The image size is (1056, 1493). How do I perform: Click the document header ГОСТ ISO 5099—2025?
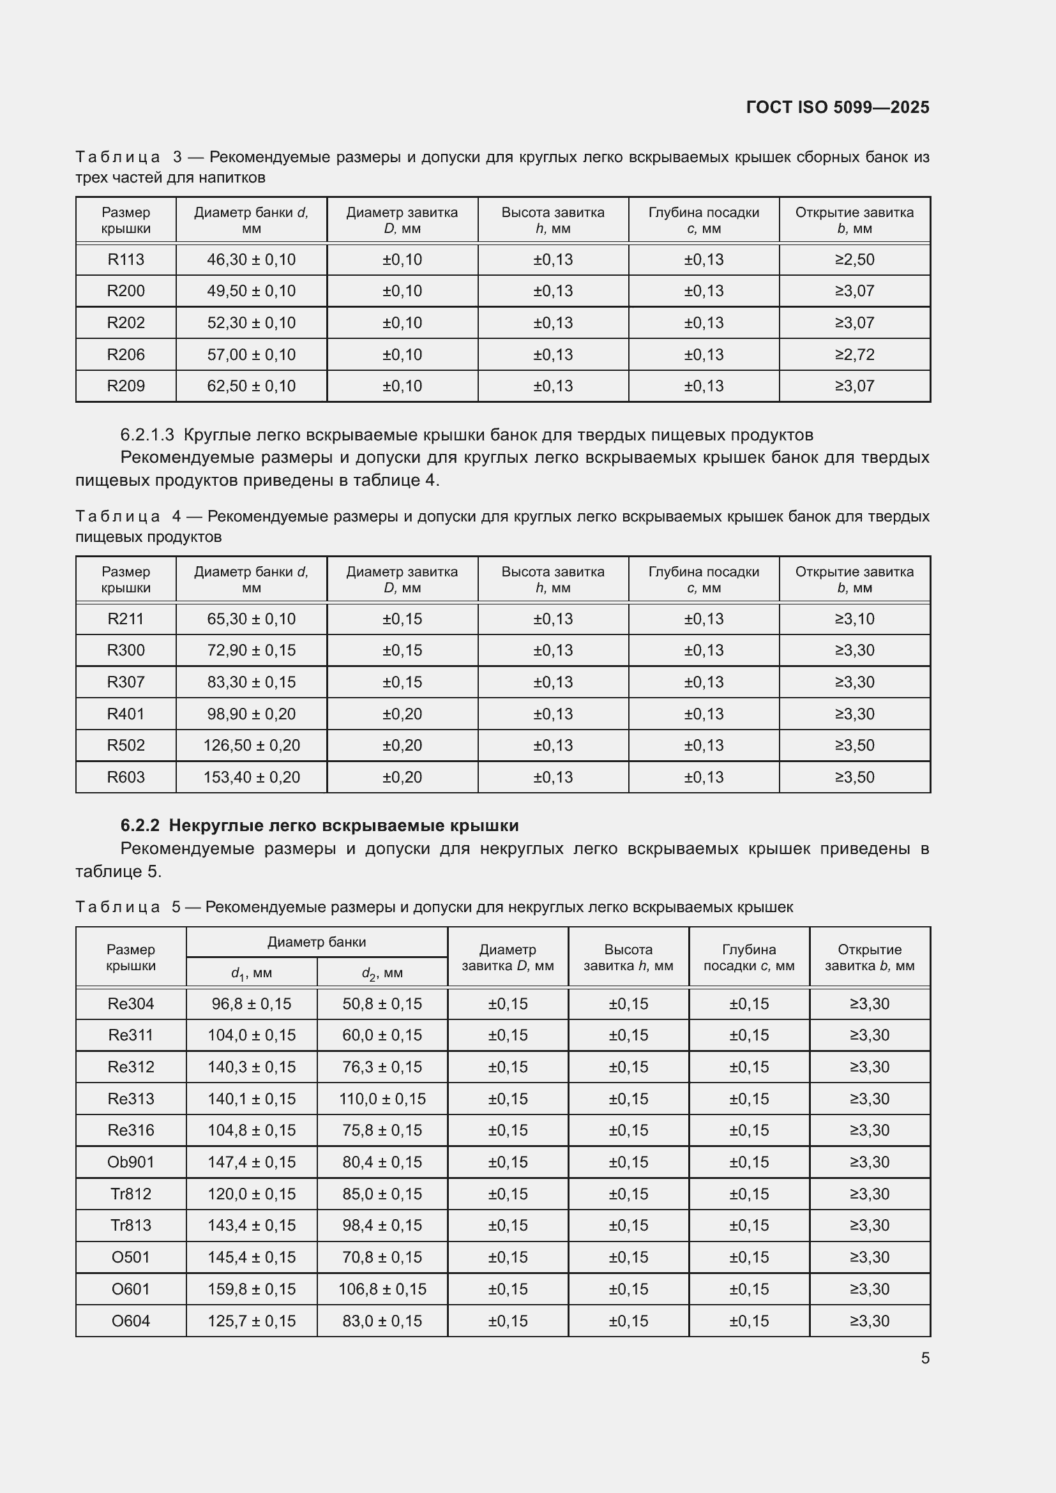click(837, 107)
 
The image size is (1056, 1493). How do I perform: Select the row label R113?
click(126, 259)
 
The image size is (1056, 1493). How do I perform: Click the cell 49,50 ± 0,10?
click(251, 290)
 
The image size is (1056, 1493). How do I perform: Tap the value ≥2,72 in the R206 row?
click(854, 354)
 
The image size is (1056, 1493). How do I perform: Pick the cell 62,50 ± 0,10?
click(251, 386)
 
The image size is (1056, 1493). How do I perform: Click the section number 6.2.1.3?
click(147, 435)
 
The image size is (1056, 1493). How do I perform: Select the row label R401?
click(126, 714)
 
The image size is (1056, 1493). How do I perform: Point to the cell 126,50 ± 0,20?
click(251, 745)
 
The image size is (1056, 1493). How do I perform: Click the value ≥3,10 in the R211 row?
click(854, 619)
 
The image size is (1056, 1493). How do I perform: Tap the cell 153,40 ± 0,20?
click(251, 777)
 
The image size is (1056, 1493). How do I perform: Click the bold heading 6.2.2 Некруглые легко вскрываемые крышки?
click(319, 825)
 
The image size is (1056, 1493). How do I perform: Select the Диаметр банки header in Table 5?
click(316, 942)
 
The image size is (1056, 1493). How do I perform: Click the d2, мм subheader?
click(382, 973)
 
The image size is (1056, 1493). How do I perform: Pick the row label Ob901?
click(131, 1162)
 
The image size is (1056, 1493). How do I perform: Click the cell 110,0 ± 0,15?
click(382, 1099)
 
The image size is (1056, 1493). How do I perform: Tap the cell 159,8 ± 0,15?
click(251, 1289)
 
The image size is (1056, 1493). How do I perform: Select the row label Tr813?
click(131, 1225)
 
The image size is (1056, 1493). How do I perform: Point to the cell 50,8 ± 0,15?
click(382, 1003)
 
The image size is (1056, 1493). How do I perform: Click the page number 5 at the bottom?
click(924, 1358)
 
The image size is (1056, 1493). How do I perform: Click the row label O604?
click(131, 1321)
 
